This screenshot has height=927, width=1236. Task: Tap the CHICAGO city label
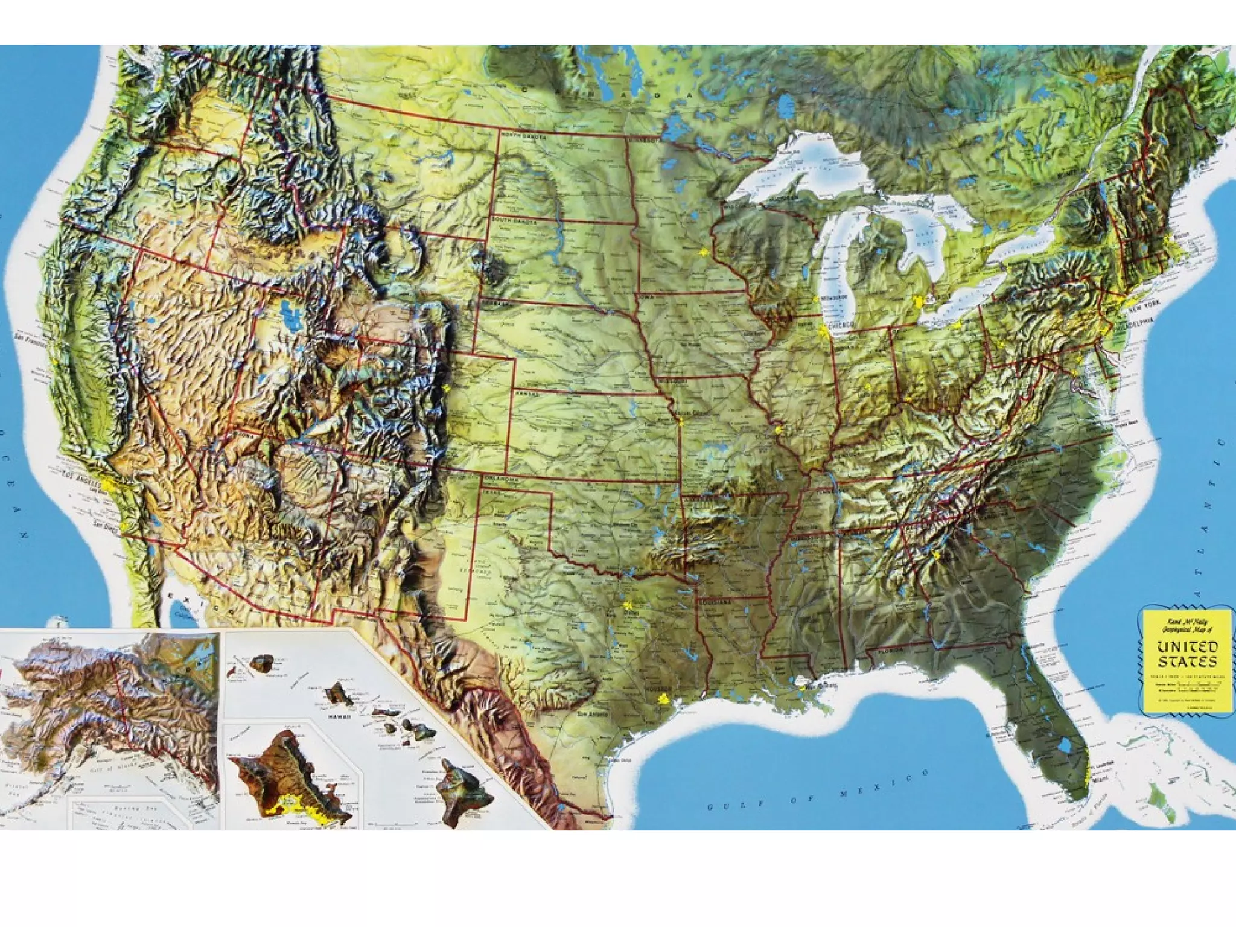pos(842,326)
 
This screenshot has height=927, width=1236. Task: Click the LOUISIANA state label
pos(715,602)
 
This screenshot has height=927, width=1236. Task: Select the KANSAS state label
pos(526,393)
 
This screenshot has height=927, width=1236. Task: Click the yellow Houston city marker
pos(664,699)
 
